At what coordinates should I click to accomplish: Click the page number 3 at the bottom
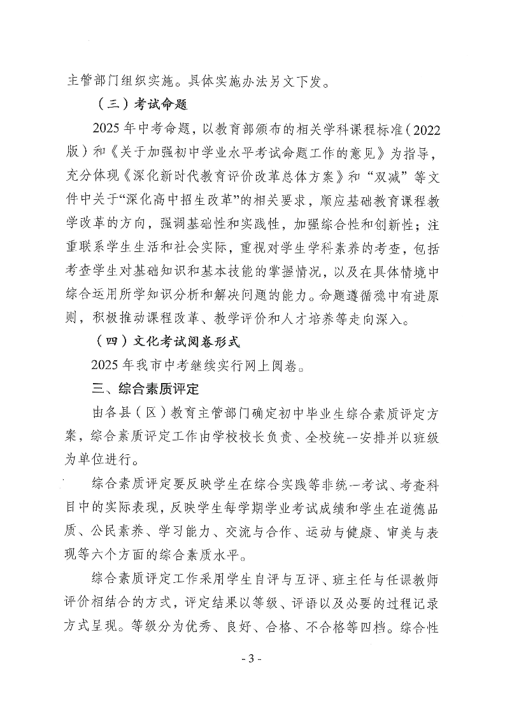252,676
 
